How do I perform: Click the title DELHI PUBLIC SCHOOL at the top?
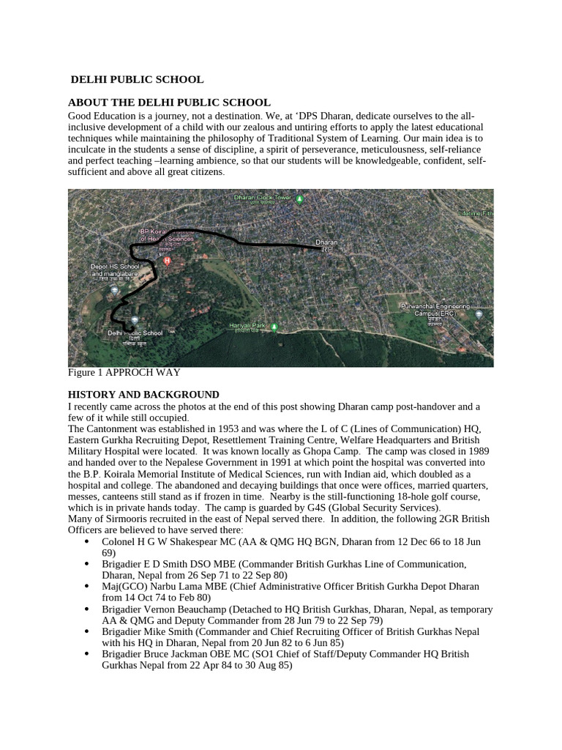[x=137, y=79]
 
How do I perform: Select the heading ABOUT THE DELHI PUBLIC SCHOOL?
[x=169, y=103]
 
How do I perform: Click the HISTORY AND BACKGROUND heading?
[x=143, y=394]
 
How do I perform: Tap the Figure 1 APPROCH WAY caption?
[x=124, y=373]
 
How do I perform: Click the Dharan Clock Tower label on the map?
[x=262, y=198]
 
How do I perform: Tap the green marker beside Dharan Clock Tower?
[x=300, y=198]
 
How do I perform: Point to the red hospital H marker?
[x=167, y=261]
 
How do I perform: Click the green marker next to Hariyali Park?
[x=273, y=327]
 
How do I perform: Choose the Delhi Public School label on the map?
[x=135, y=333]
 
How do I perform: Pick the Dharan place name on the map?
[x=326, y=242]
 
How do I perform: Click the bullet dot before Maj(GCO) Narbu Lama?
[x=87, y=587]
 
